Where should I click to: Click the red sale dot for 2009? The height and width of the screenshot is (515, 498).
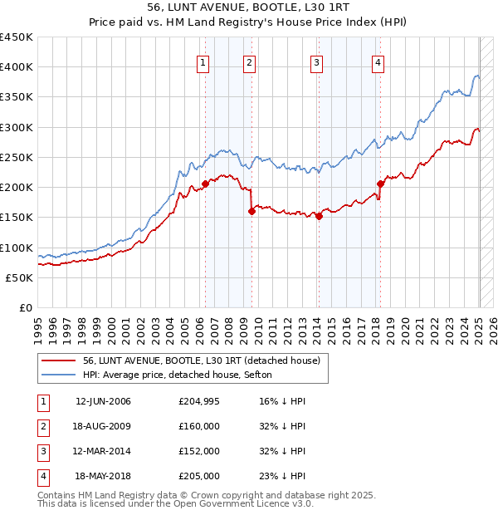click(x=251, y=211)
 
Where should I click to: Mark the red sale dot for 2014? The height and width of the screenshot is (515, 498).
click(x=319, y=216)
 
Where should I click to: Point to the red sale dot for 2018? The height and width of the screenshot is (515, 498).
click(x=380, y=184)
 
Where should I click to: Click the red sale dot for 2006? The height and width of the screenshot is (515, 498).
click(x=205, y=184)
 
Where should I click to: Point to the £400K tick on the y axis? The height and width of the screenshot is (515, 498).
click(x=16, y=67)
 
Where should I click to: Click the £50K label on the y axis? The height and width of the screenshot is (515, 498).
click(x=19, y=277)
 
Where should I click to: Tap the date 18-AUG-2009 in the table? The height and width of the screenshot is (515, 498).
click(x=103, y=426)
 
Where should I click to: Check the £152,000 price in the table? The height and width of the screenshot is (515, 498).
click(x=200, y=451)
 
